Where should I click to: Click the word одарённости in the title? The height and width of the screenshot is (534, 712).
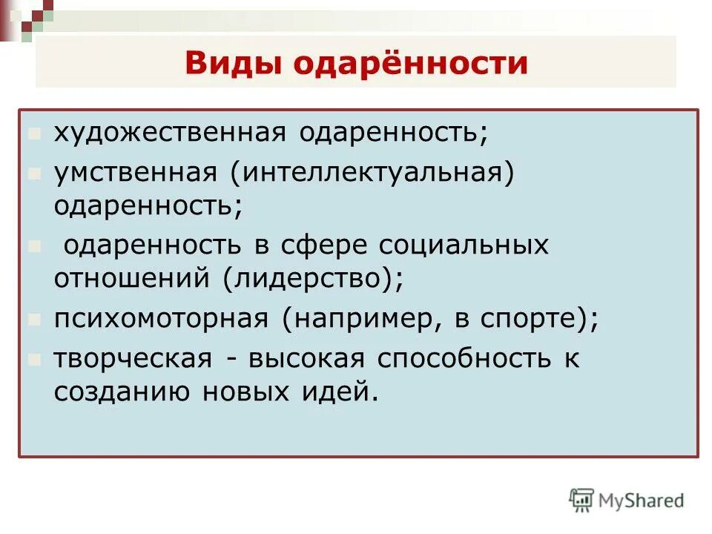pos(412,64)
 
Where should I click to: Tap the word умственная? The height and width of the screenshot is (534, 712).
pos(134,172)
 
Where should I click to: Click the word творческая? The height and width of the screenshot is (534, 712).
pos(133,358)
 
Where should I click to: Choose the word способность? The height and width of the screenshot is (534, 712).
pos(457,358)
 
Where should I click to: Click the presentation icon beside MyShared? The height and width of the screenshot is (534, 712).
pos(581,500)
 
